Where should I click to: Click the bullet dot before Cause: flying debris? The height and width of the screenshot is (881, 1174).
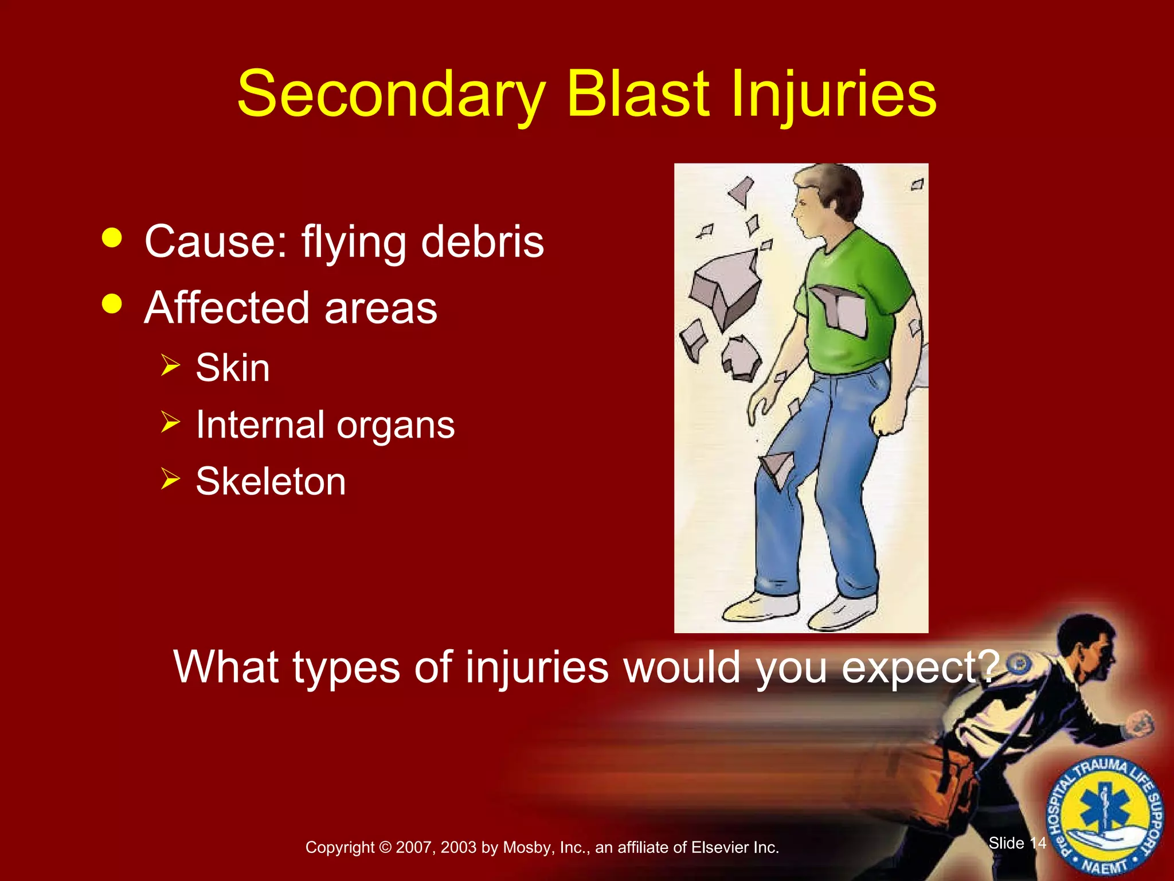[112, 237]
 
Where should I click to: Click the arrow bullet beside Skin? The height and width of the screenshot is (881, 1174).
[170, 365]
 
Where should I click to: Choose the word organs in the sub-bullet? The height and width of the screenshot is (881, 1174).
[396, 426]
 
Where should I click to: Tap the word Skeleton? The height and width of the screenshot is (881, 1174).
[271, 481]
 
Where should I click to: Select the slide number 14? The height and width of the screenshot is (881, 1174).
[1038, 843]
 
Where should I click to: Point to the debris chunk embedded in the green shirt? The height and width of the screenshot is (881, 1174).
[840, 310]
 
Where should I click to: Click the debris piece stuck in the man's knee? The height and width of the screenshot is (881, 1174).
[777, 467]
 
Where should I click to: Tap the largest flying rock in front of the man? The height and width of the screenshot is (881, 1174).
[725, 287]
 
